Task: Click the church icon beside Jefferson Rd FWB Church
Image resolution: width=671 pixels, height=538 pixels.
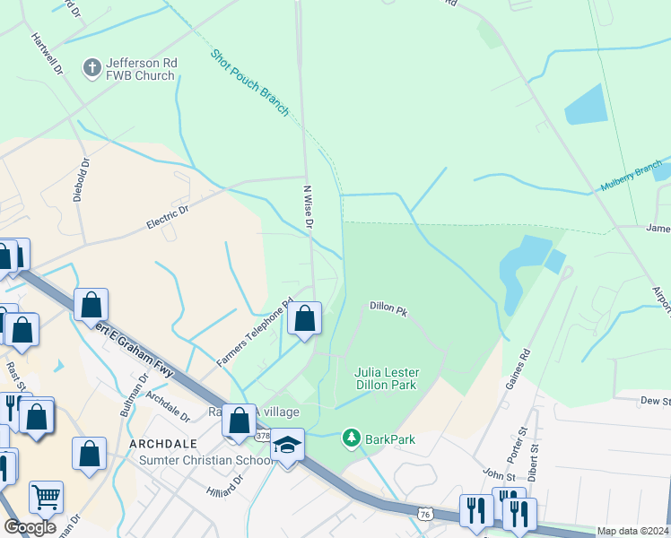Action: (91, 68)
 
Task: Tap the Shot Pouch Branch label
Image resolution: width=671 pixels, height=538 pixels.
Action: (250, 82)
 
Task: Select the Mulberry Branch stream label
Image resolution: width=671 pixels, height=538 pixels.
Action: (630, 180)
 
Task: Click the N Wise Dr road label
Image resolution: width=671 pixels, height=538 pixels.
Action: (306, 206)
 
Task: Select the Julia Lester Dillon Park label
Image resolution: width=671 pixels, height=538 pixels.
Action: (387, 377)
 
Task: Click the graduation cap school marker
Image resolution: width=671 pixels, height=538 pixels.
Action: (287, 446)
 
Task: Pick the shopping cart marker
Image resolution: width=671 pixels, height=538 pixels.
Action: (46, 496)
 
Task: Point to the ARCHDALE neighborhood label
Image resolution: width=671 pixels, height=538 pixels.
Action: (163, 445)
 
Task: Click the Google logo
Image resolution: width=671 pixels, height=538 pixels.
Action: (30, 527)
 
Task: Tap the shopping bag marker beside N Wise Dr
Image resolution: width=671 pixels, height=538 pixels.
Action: (304, 318)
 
